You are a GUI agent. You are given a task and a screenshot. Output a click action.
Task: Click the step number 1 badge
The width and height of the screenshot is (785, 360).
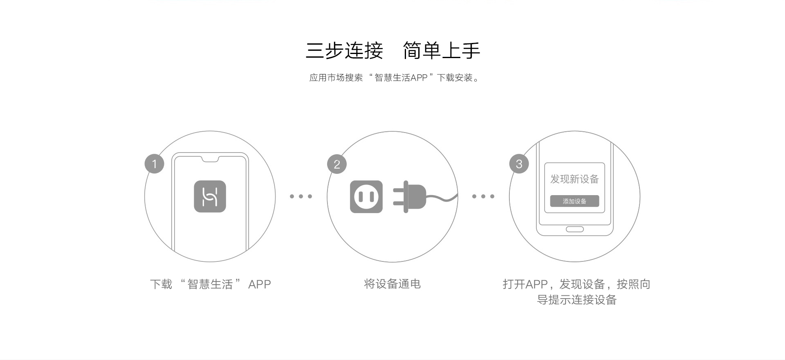pyautogui.click(x=155, y=164)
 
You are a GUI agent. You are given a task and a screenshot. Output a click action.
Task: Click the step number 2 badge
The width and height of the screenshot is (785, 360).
pyautogui.click(x=337, y=164)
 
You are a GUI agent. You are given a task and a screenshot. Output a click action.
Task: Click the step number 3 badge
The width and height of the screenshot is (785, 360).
pyautogui.click(x=519, y=164)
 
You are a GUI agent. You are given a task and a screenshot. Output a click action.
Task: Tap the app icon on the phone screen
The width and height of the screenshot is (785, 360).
pyautogui.click(x=210, y=196)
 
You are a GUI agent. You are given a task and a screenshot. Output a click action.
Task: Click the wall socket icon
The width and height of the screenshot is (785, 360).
pyautogui.click(x=366, y=197)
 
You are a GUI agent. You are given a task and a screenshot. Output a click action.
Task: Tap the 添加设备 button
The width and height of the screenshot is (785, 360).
pyautogui.click(x=574, y=201)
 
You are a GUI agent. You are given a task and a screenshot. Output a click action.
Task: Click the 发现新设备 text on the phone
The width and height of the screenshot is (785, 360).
pyautogui.click(x=574, y=179)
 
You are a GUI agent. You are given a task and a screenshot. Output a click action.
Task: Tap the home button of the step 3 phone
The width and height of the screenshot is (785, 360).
pyautogui.click(x=574, y=229)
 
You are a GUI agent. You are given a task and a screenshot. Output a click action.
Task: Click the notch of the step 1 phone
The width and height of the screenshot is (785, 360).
pyautogui.click(x=210, y=159)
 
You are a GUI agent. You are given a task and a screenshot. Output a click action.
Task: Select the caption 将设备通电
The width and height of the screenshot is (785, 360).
pyautogui.click(x=392, y=284)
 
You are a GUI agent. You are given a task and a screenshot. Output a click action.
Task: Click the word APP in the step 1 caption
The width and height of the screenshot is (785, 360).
pyautogui.click(x=260, y=284)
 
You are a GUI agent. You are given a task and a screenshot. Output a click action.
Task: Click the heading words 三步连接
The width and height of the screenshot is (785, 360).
pyautogui.click(x=344, y=51)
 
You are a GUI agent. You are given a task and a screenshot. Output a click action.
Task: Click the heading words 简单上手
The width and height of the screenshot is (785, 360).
pyautogui.click(x=442, y=51)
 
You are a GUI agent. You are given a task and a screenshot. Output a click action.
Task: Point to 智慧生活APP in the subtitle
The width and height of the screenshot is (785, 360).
pyautogui.click(x=401, y=78)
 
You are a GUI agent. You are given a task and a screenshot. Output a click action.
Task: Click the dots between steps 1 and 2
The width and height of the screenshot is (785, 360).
pyautogui.click(x=301, y=196)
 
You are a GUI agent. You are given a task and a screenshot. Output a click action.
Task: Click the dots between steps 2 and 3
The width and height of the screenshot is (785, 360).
pyautogui.click(x=483, y=196)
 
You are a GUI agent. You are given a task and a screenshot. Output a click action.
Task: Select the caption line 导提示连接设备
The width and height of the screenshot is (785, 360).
pyautogui.click(x=576, y=300)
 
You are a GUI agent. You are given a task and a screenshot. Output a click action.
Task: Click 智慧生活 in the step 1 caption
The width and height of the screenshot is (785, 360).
pyautogui.click(x=210, y=284)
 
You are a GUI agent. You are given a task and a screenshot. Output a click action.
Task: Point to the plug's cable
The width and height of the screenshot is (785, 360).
pyautogui.click(x=442, y=198)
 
